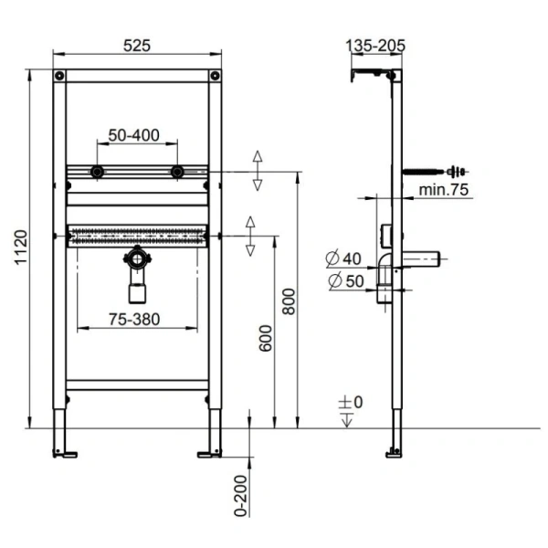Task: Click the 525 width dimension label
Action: (138, 44)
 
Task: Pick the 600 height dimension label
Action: (265, 345)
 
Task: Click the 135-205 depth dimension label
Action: (375, 44)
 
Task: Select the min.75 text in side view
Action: (444, 190)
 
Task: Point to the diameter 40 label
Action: (343, 259)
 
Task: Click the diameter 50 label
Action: (343, 281)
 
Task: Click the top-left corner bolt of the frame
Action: (60, 76)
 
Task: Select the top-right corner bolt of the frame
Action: (215, 76)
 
